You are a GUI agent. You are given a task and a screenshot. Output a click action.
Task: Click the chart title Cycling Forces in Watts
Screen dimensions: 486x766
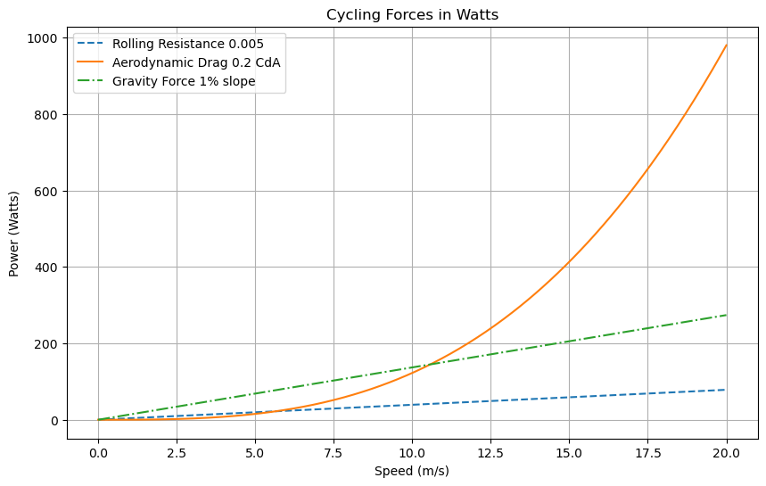(412, 14)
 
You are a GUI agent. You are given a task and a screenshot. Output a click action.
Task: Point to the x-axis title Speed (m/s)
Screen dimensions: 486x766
(412, 471)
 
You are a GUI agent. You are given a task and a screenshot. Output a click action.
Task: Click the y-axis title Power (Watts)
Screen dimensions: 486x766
(14, 232)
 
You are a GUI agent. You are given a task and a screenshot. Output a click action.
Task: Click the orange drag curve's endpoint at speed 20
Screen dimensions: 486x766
(727, 45)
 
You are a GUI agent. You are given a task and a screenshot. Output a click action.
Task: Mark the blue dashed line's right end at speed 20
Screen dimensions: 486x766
(727, 390)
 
